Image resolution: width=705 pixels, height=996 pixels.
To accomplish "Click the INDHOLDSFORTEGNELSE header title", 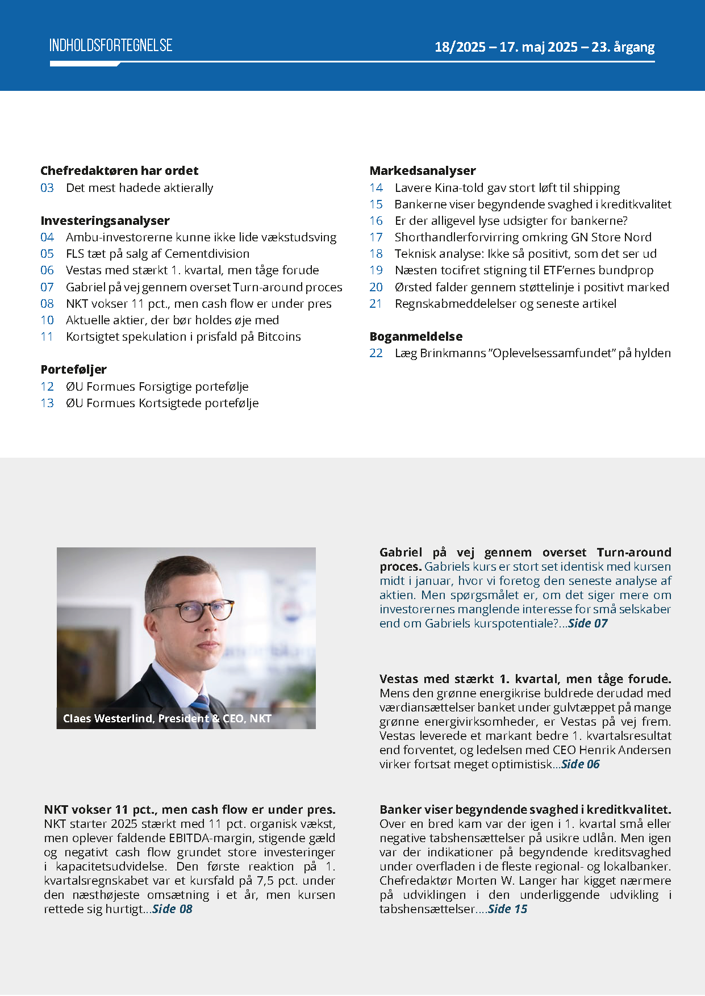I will point(111,45).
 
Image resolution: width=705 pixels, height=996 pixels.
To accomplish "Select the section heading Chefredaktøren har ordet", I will point(119,170).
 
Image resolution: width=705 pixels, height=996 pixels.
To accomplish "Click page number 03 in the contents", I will point(47,188).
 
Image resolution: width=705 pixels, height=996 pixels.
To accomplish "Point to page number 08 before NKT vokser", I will point(47,304).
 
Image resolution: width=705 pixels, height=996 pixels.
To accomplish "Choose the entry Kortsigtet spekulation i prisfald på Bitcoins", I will point(183,337).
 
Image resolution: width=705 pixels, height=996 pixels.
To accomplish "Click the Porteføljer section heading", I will point(74,370).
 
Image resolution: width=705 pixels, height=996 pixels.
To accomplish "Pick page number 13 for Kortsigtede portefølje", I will point(47,403).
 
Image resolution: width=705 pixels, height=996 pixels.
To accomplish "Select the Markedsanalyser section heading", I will point(423,170).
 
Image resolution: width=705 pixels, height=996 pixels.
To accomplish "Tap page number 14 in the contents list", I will point(376,188).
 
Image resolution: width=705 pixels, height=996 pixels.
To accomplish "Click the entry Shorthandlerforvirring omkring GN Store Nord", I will point(523,237).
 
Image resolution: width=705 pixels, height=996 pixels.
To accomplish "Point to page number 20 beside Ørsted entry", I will point(376,287).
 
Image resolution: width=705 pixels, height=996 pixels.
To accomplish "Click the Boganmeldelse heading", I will point(416,337).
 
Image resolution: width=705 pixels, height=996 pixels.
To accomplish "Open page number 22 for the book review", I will point(376,353).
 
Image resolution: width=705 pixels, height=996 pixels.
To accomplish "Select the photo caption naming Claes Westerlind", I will point(167,718).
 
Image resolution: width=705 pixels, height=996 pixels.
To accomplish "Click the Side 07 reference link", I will point(587,623).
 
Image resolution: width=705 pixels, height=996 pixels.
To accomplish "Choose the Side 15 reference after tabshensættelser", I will point(507,909).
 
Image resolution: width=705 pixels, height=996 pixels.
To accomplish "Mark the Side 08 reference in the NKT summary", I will point(172,909).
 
